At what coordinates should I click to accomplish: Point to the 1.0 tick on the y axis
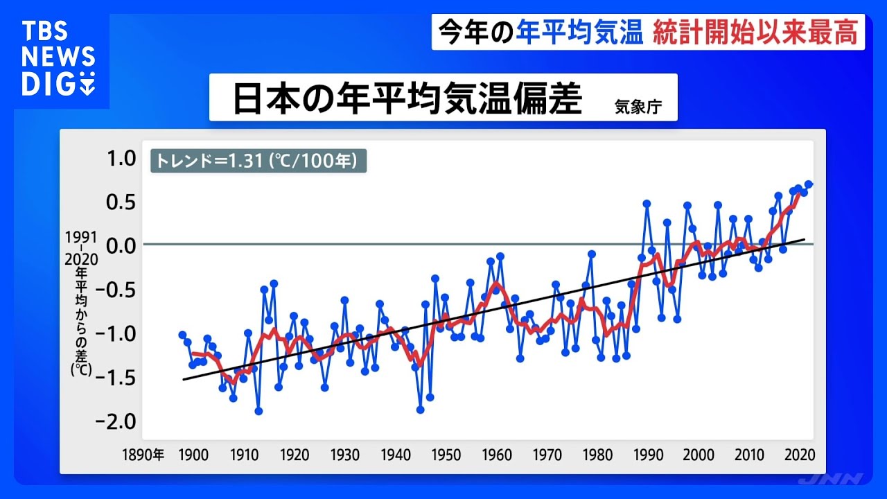(x=120, y=159)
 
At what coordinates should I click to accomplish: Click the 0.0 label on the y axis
(x=120, y=245)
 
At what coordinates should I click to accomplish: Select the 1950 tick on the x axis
(x=446, y=455)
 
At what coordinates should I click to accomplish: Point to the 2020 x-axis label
(x=799, y=455)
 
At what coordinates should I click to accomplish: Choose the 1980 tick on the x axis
(x=597, y=455)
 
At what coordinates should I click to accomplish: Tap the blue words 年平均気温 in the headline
(x=579, y=33)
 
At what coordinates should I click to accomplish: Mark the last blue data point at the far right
(x=809, y=184)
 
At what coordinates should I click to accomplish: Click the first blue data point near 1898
(x=182, y=335)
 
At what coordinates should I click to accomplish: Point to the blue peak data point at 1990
(x=647, y=204)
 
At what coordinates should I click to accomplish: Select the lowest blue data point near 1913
(x=258, y=411)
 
